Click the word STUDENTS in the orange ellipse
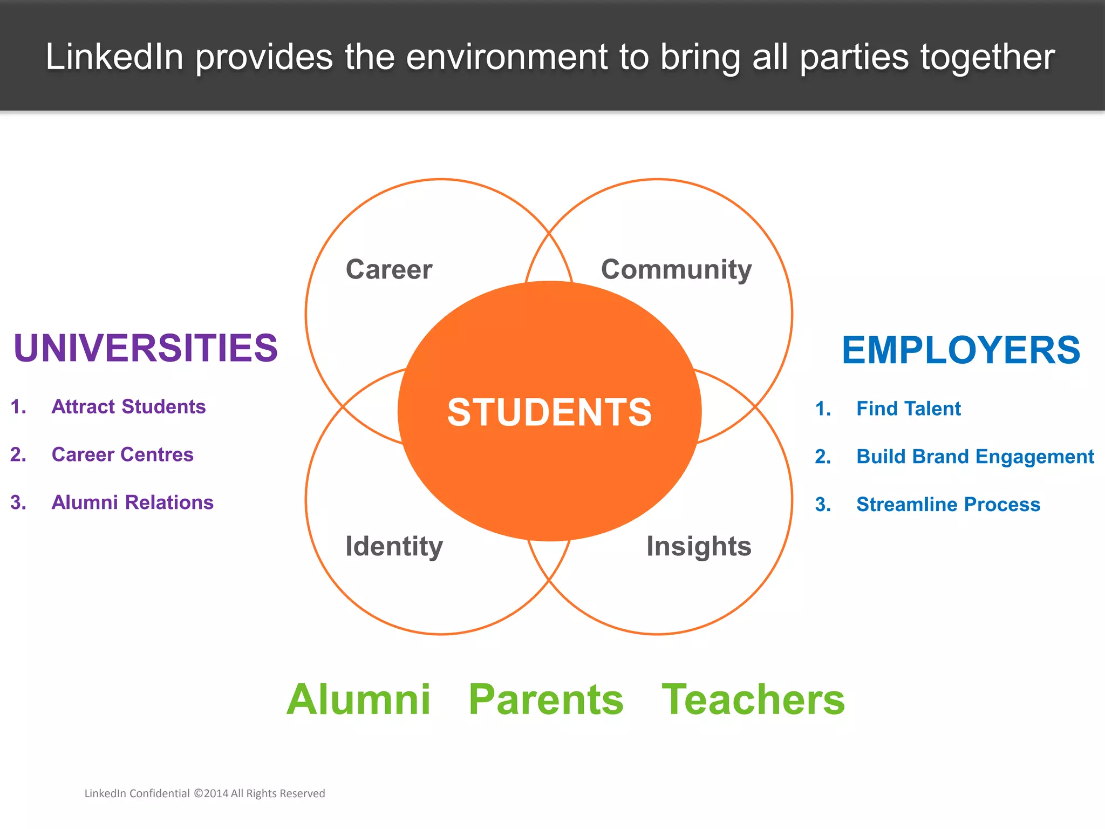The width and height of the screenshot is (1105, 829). pos(549,412)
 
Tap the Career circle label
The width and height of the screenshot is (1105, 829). pos(389,269)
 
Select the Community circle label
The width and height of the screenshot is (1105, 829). pos(676,270)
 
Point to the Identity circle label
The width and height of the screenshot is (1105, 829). pos(394,546)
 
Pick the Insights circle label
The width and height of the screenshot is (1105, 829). pos(699,546)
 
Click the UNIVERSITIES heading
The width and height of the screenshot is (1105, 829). pos(146,348)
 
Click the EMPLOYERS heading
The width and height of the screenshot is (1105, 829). pos(961,350)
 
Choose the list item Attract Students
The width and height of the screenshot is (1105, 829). pos(128,406)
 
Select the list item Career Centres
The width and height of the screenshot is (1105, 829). pos(122,454)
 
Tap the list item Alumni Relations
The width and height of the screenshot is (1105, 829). pos(132,502)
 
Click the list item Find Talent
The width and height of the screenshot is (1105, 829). pos(909,409)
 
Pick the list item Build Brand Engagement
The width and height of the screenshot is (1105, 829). pos(975,457)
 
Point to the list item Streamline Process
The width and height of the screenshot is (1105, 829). pos(948,505)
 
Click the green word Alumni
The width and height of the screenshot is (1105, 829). pos(358,699)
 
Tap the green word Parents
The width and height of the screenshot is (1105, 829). pos(546,699)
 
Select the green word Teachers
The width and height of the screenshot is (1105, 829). pos(753,699)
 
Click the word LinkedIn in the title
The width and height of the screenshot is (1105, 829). pos(114,57)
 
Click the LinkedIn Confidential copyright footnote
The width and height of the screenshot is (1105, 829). pos(204,793)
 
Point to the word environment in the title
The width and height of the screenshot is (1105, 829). pos(507,57)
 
